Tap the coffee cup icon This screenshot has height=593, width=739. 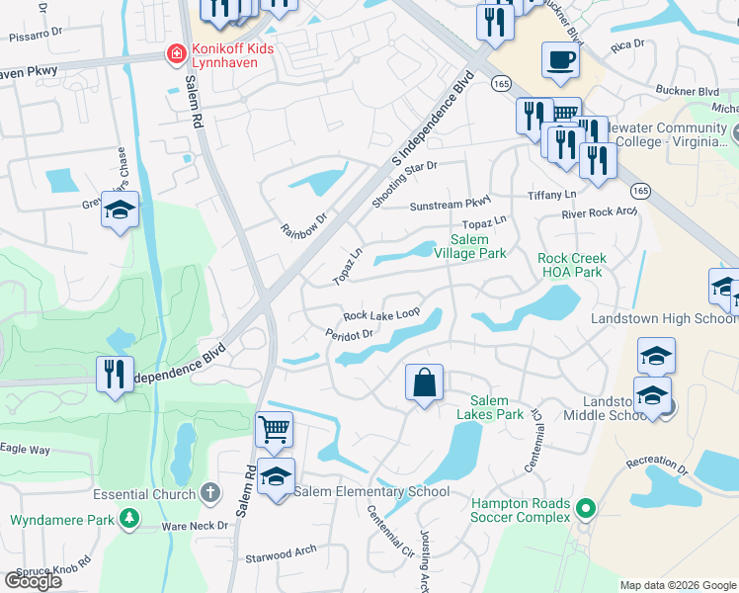560,59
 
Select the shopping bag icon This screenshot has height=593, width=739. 424,381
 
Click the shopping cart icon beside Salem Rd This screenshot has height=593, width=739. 274,429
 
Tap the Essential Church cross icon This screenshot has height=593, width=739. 208,492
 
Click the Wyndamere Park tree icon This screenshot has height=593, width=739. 128,518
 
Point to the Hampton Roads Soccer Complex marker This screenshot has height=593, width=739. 586,509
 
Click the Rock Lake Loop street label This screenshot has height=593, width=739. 381,314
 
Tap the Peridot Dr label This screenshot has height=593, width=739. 348,334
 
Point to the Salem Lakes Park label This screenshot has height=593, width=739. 489,407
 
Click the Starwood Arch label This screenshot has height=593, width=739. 282,555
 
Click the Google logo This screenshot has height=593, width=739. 33,581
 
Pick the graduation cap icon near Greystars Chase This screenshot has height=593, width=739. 120,210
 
